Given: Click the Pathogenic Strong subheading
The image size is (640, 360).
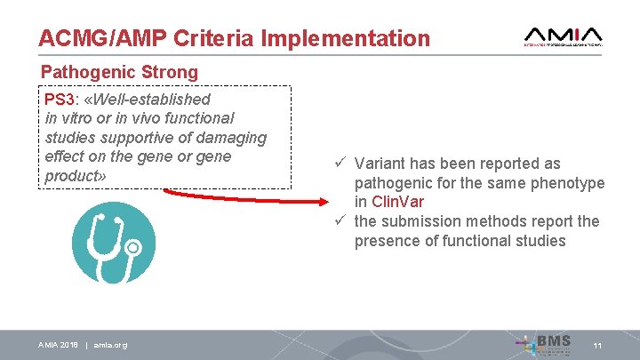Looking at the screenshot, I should [x=120, y=71].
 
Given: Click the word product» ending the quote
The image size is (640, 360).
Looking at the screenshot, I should [x=76, y=176].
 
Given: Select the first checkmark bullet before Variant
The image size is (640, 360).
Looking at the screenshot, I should [x=340, y=164].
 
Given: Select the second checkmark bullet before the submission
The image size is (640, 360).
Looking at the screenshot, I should [x=340, y=221].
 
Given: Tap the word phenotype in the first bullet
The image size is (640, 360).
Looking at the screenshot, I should [x=568, y=183].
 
